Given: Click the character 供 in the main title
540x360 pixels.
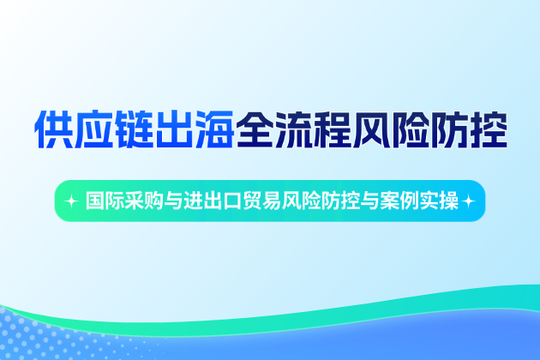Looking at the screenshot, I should (53, 129).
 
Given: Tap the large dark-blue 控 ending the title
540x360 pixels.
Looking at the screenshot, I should (485, 129).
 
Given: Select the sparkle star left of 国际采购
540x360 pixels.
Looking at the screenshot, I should (72, 201).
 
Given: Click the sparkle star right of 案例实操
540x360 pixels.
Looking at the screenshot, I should (468, 201).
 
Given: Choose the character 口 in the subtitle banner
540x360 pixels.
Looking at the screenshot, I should (234, 201).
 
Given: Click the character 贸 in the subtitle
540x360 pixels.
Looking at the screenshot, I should (254, 201).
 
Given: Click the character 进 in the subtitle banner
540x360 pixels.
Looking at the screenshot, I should (195, 201).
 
